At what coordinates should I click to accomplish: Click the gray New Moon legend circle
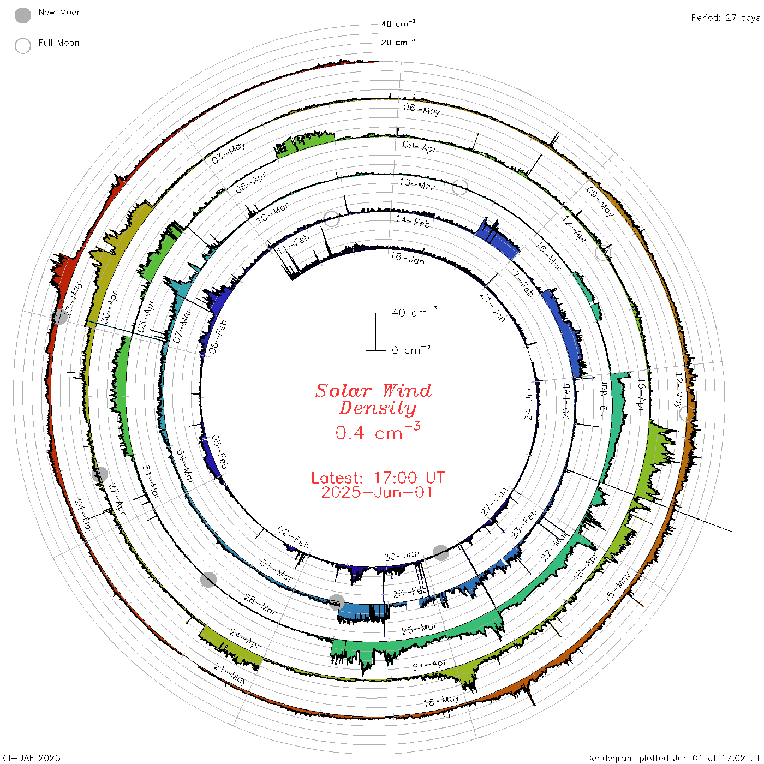click(22, 15)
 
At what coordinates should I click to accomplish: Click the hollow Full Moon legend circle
click(22, 46)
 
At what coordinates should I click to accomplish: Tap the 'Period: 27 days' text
click(725, 18)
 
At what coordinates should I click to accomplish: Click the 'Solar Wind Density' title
click(373, 399)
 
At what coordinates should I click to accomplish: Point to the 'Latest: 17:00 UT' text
click(378, 477)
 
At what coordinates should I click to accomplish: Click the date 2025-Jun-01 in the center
click(377, 492)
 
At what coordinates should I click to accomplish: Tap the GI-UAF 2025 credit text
click(31, 757)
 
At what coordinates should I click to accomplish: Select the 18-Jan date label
click(408, 258)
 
